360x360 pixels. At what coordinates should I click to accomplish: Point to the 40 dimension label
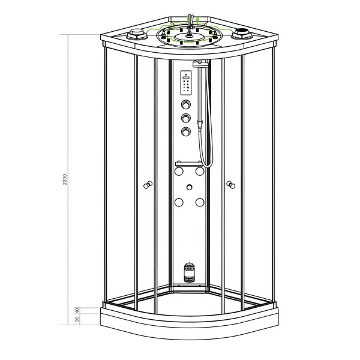pyautogui.click(x=77, y=310)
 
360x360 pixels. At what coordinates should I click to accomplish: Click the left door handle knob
pyautogui.click(x=148, y=186)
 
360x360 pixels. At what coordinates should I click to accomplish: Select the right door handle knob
pyautogui.click(x=230, y=185)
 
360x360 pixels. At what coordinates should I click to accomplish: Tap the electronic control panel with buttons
pyautogui.click(x=185, y=85)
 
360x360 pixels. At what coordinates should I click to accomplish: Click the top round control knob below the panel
pyautogui.click(x=187, y=106)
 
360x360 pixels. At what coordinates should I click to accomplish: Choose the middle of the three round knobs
pyautogui.click(x=187, y=118)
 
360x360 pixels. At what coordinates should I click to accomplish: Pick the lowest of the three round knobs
pyautogui.click(x=187, y=131)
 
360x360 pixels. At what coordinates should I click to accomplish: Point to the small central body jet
pyautogui.click(x=190, y=187)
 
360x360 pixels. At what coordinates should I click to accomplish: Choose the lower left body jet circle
pyautogui.click(x=178, y=202)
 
